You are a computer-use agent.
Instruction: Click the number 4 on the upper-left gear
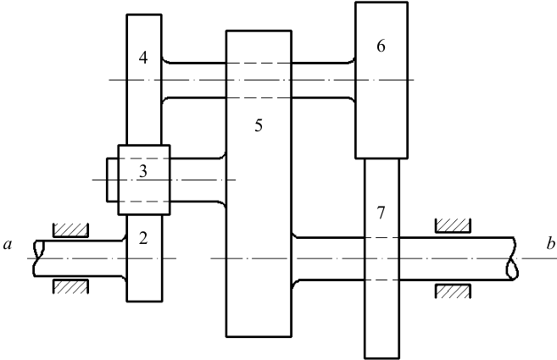tap(143, 58)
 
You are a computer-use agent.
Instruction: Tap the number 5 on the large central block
tap(259, 125)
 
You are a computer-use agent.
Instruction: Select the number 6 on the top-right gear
tap(381, 46)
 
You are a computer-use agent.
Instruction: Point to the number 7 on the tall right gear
tap(381, 213)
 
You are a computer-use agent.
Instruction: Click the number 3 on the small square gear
tap(142, 171)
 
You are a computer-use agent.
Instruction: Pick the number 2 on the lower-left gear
tap(143, 239)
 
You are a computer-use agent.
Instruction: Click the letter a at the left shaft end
tap(8, 245)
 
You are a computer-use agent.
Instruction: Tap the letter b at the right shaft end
tap(551, 244)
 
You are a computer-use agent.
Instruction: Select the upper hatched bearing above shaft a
tap(70, 230)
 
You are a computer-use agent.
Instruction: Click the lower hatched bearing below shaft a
tap(70, 286)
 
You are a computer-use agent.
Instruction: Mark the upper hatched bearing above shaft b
tap(453, 226)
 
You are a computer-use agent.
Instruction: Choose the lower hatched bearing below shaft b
tap(453, 291)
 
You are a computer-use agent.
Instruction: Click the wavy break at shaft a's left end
tap(39, 258)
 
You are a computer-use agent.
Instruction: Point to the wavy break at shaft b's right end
tap(512, 259)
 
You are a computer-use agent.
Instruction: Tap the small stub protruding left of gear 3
tap(113, 180)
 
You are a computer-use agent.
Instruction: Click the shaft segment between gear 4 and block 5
tap(194, 80)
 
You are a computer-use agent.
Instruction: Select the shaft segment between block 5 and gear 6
tap(324, 80)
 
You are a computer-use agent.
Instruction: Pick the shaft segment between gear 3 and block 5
tap(198, 180)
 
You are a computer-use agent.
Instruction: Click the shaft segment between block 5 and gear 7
tap(328, 259)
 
